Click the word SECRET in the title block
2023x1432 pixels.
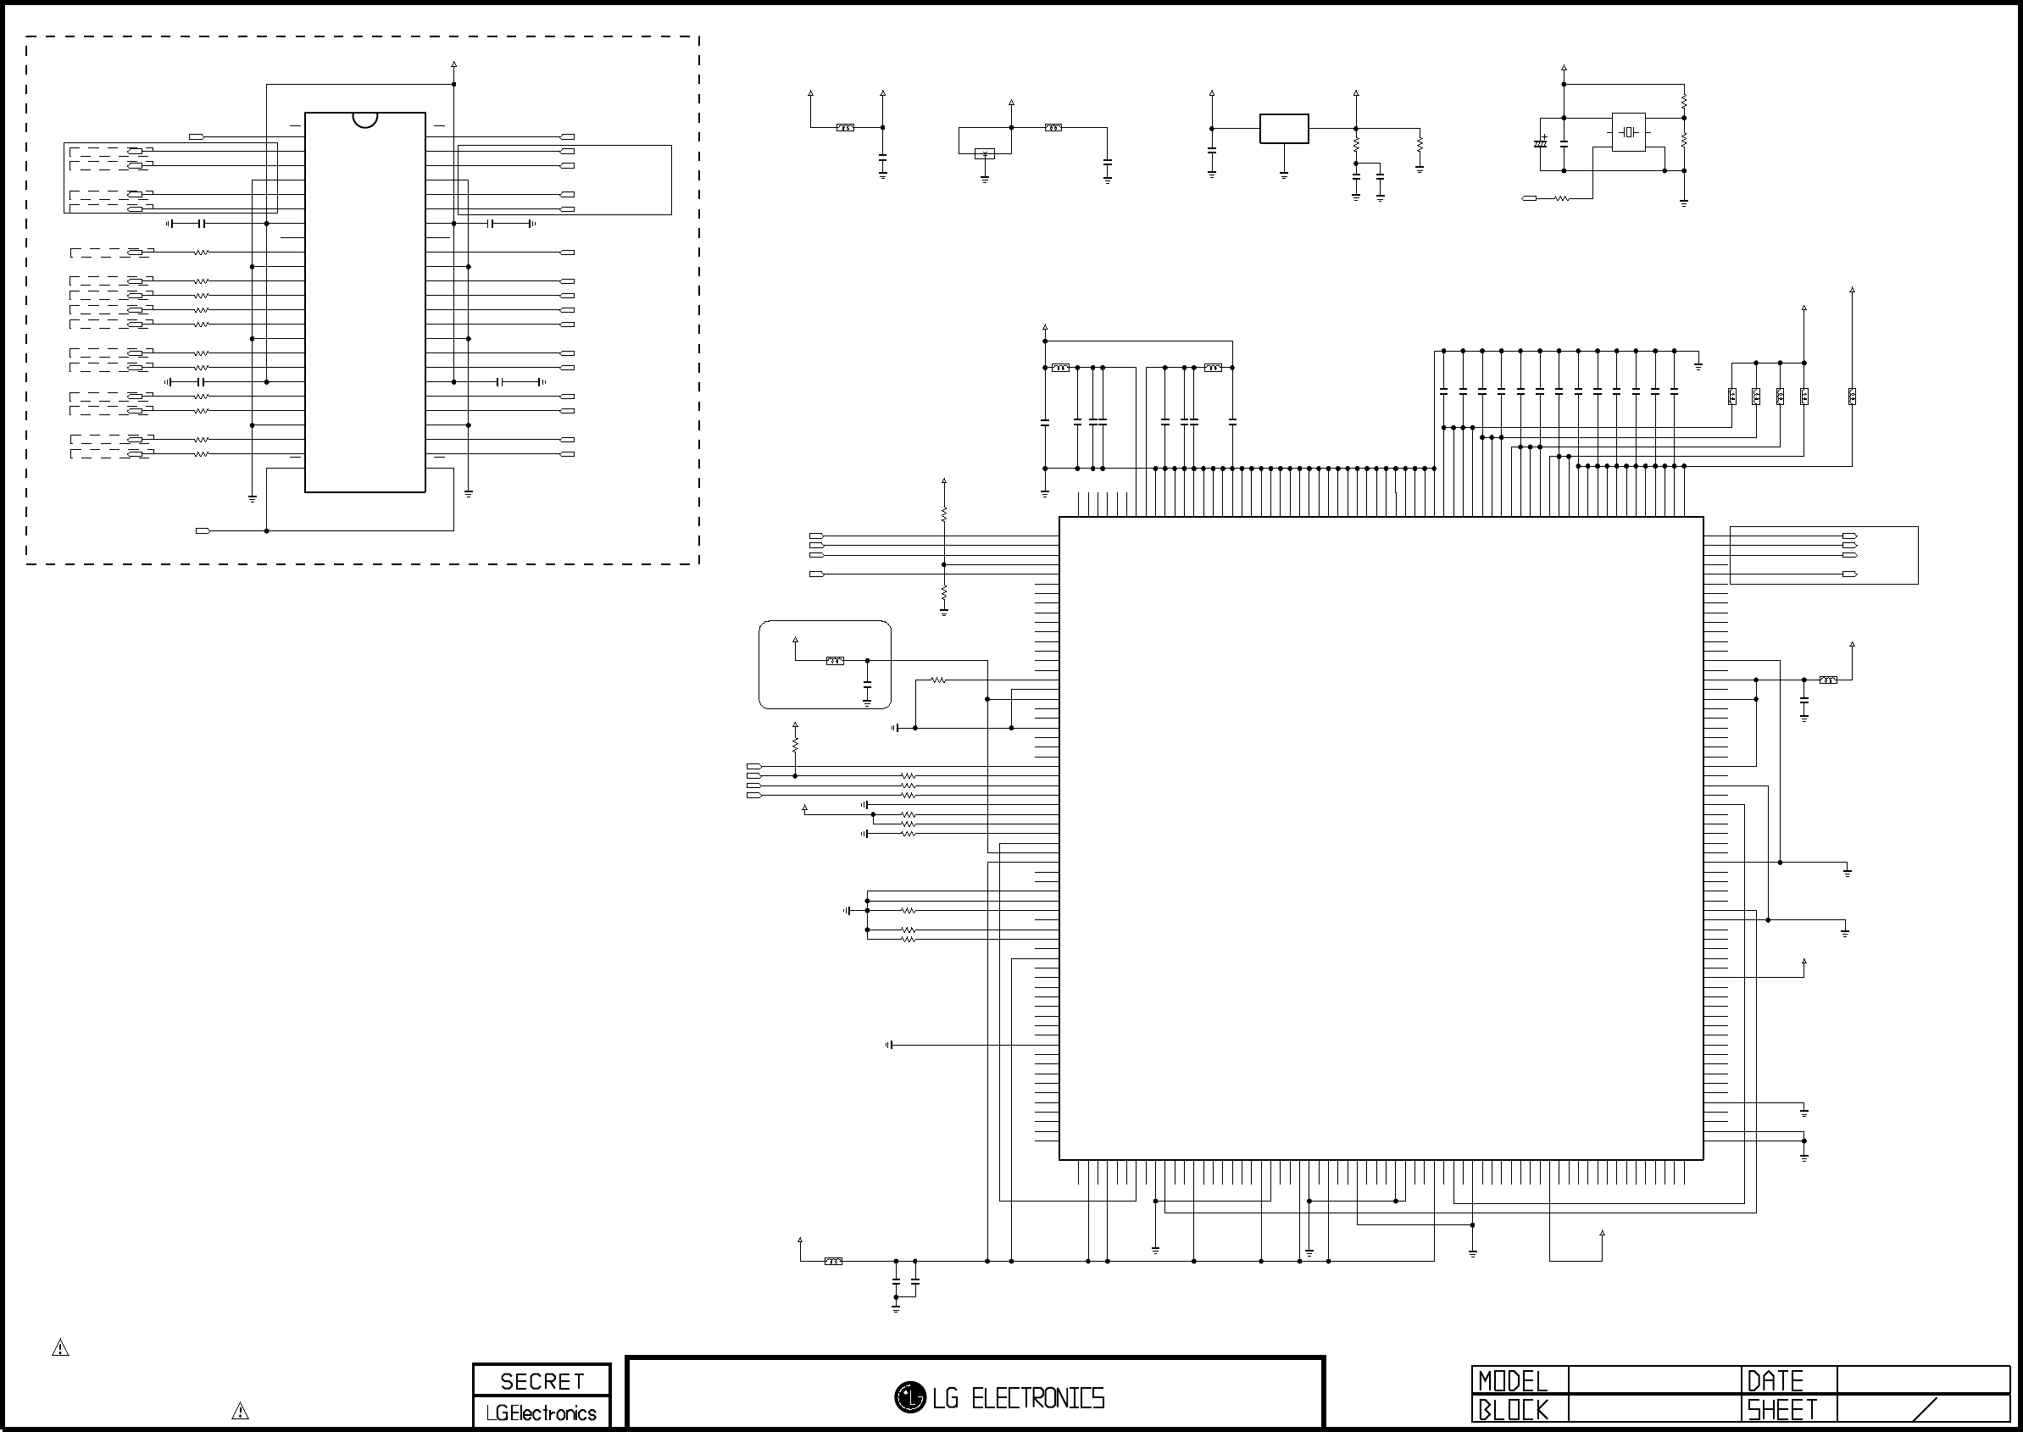pos(542,1382)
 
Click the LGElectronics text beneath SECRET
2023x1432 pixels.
pos(542,1413)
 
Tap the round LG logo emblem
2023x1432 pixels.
pos(909,1396)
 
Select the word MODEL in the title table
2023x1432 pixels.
pos(1514,1381)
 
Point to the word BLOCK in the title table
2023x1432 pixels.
pos(1514,1410)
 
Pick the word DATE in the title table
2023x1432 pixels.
pos(1776,1381)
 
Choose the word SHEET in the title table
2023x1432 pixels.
pos(1782,1410)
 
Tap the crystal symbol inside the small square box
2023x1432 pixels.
pos(1629,132)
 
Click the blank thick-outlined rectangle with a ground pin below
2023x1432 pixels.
pos(1284,129)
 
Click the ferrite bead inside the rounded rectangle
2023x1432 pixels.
pos(834,660)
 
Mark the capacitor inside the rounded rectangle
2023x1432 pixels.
pos(867,685)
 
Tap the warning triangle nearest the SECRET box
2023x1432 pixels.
pos(240,1411)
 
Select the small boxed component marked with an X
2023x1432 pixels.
pos(984,154)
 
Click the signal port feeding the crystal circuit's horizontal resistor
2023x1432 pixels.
pos(1529,198)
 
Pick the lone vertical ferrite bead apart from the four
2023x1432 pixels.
pos(1852,396)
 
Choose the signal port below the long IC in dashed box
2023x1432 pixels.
pos(203,530)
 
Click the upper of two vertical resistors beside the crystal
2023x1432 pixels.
pos(1683,103)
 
